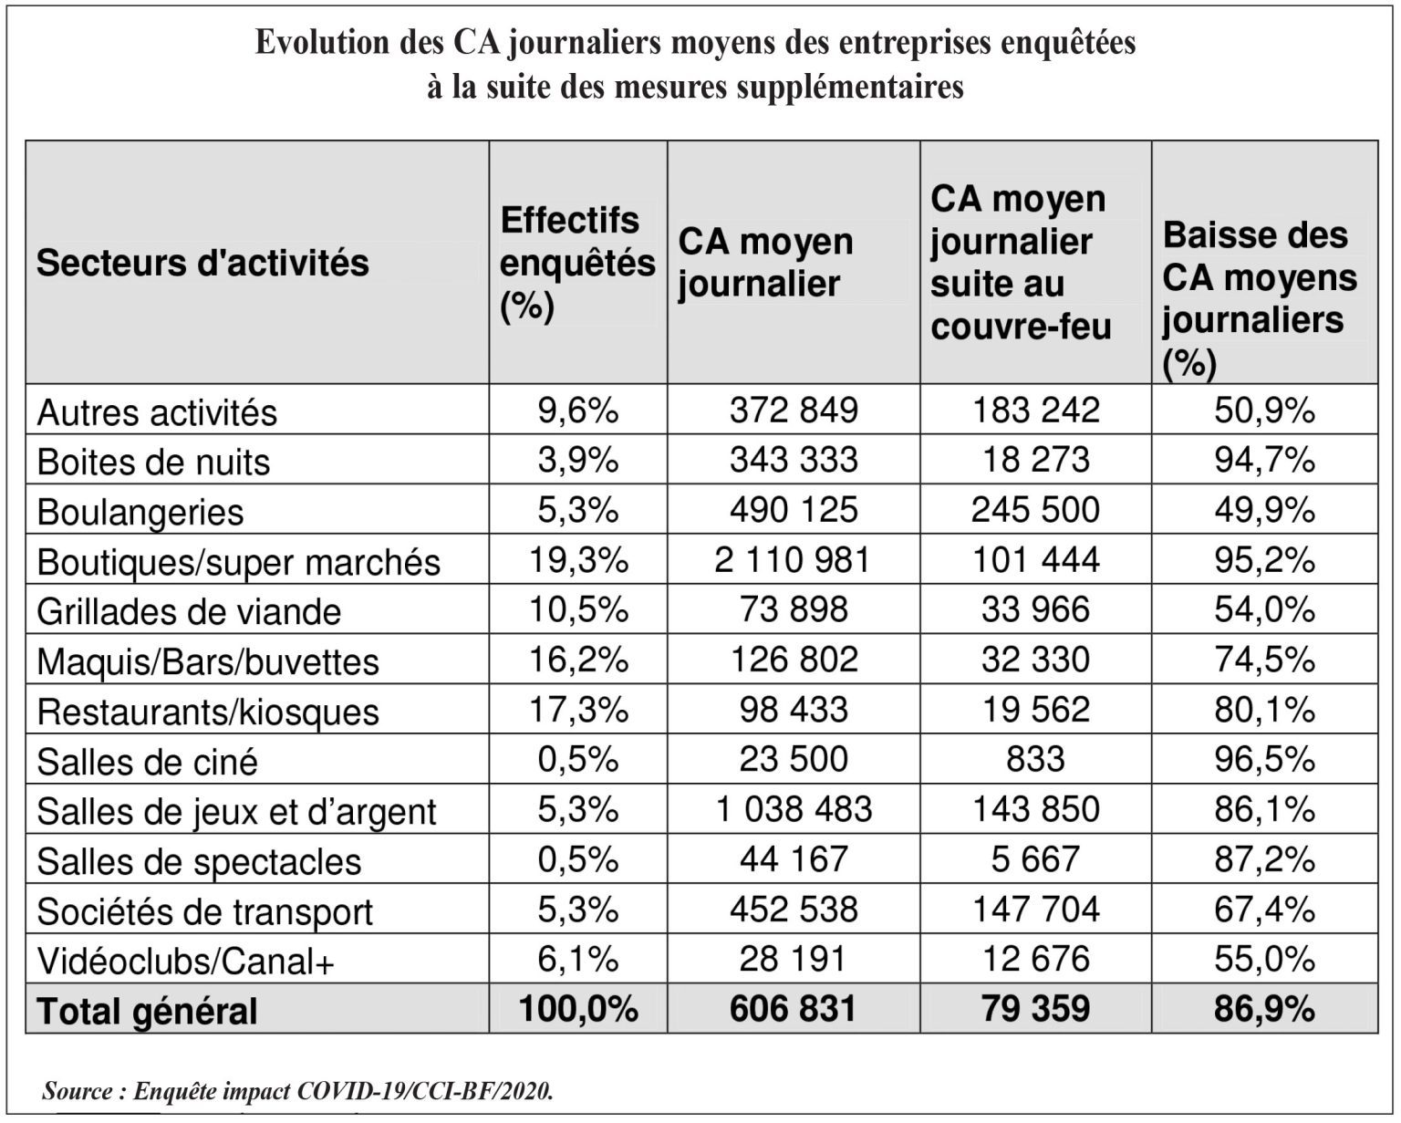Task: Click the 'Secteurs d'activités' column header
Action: [202, 263]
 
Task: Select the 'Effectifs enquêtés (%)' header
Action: [577, 263]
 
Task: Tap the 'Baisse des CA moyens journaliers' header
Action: [1260, 299]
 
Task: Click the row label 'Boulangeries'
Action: [140, 512]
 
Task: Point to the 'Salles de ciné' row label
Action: [147, 762]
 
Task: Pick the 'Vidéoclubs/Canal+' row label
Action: [185, 961]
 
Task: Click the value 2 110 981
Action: [793, 560]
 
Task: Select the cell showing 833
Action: [1035, 760]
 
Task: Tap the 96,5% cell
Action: [1264, 760]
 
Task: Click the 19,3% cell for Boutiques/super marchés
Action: [578, 560]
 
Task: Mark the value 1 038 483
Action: [794, 810]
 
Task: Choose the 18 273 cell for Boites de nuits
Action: [1035, 460]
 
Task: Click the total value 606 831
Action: [793, 1009]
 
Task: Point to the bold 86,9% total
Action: [1264, 1009]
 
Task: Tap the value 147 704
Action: [1035, 910]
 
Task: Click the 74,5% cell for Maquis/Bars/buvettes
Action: [1264, 660]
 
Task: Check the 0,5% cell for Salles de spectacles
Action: [578, 860]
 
